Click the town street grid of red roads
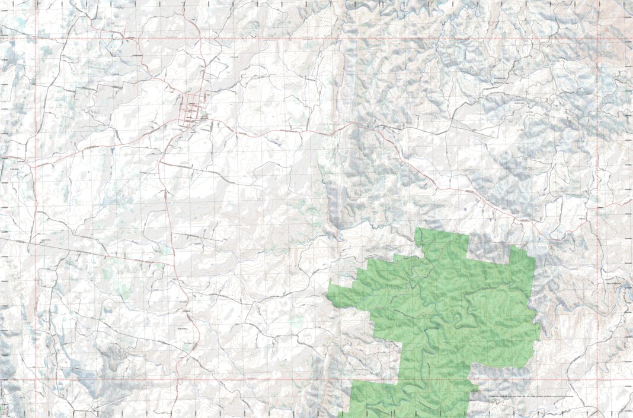click(x=193, y=109)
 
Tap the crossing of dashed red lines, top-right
click(x=599, y=39)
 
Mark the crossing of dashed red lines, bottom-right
click(x=599, y=379)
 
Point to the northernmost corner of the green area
click(x=418, y=229)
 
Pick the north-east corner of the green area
click(x=526, y=245)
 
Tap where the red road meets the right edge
click(x=631, y=201)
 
